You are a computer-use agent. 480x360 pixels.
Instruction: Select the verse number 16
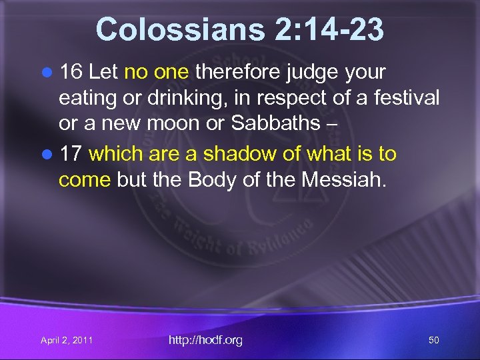[71, 71]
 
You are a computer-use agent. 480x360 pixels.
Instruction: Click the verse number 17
[71, 154]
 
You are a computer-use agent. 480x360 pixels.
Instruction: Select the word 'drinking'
[150, 99]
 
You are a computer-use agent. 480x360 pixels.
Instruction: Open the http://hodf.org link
[205, 340]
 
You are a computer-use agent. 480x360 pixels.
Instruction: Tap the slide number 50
[433, 340]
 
